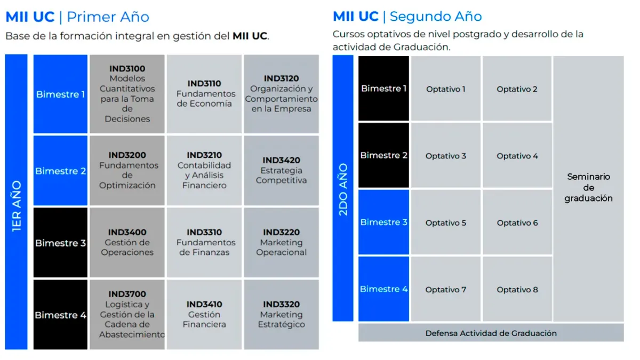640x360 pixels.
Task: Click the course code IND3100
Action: click(x=127, y=69)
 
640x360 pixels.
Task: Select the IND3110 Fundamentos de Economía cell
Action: click(x=204, y=94)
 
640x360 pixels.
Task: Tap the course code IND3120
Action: click(x=281, y=78)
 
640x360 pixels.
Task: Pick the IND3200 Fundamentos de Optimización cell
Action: click(x=127, y=170)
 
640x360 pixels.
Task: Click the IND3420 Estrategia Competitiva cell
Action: click(x=282, y=170)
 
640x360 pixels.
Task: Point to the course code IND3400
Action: click(x=127, y=232)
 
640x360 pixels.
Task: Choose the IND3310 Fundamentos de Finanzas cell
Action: click(x=204, y=242)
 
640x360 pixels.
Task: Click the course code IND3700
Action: click(x=127, y=294)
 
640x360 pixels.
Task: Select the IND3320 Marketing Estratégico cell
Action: click(x=282, y=314)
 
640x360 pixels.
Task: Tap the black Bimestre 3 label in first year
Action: click(x=60, y=242)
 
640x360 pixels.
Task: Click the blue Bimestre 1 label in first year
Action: click(x=60, y=94)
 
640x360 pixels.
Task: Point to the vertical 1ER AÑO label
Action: click(x=17, y=206)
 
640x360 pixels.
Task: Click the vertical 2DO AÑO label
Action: click(x=343, y=189)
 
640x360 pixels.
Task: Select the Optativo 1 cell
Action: click(x=446, y=89)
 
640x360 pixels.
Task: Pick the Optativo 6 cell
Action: click(x=517, y=222)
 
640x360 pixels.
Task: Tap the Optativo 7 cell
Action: click(x=446, y=289)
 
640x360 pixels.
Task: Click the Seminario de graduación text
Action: click(x=589, y=187)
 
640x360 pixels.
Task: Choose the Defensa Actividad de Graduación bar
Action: click(x=491, y=333)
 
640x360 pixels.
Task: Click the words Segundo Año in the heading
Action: click(x=436, y=17)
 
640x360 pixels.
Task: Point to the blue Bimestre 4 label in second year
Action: click(x=383, y=289)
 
